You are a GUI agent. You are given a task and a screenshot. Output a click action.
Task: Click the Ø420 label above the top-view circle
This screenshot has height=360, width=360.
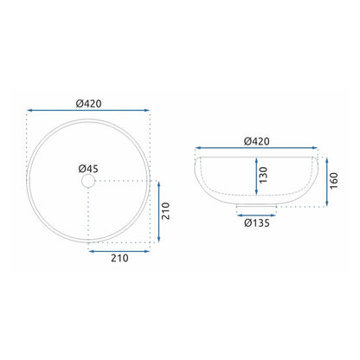point(89,104)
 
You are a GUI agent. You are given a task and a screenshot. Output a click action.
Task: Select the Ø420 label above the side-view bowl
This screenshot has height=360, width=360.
point(257,141)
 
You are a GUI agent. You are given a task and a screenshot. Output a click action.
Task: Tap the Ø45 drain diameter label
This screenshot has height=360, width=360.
point(88,169)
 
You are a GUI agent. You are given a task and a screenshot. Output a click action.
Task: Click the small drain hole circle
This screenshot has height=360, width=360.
point(88,181)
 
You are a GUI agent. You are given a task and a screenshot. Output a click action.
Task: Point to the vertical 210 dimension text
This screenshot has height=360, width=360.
point(165,211)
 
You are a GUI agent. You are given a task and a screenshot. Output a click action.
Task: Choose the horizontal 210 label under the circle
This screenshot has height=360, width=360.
point(119,258)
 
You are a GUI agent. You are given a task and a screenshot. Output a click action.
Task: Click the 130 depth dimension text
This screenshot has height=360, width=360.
point(263,175)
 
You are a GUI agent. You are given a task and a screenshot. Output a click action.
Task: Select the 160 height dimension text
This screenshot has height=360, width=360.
point(333,181)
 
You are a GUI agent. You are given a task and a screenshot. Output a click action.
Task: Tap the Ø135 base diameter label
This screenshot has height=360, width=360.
point(257,223)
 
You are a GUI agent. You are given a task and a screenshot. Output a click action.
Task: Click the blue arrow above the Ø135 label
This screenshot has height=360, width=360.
point(256,215)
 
